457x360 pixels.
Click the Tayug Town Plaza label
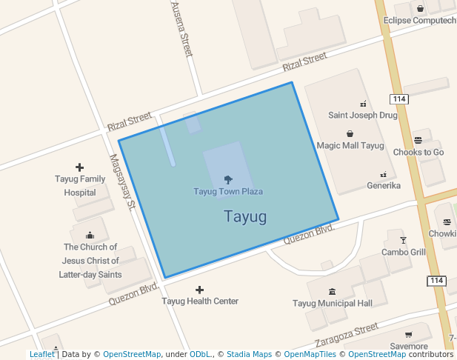click(x=228, y=192)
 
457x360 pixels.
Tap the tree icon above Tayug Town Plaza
click(x=228, y=179)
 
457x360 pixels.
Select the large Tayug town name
click(x=244, y=217)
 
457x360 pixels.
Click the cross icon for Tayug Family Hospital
click(x=80, y=167)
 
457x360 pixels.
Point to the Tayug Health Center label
click(x=200, y=301)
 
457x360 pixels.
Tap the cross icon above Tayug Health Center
click(x=199, y=289)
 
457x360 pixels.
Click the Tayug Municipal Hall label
click(x=332, y=303)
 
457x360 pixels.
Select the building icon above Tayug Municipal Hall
click(x=331, y=290)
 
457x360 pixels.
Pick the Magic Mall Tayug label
click(x=350, y=146)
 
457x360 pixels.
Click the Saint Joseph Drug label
click(x=363, y=116)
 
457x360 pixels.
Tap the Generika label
click(x=384, y=185)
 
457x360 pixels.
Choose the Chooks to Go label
click(x=418, y=153)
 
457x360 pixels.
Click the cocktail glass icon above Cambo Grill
click(x=403, y=240)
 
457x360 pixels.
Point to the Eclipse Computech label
click(x=419, y=21)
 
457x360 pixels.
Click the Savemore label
click(x=409, y=346)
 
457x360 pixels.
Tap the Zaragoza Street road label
click(x=347, y=334)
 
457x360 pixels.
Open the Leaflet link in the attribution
click(x=41, y=355)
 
